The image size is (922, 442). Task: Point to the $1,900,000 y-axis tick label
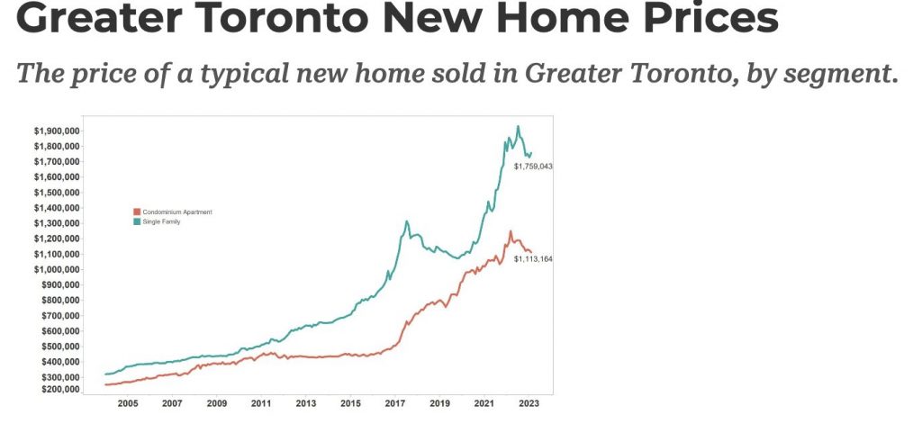pos(56,131)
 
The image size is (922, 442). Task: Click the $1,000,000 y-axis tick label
pos(56,269)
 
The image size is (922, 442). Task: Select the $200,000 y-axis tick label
pos(59,390)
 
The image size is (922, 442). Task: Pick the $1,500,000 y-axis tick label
pos(56,193)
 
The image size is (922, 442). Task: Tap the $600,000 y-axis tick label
pos(59,330)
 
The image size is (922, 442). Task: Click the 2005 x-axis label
pos(128,404)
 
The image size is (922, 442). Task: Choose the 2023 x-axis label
pos(529,404)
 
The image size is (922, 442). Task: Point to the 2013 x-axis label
pos(306,404)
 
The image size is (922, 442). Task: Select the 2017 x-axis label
pos(395,404)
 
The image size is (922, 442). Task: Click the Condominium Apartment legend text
pos(177,212)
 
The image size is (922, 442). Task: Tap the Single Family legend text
pos(162,221)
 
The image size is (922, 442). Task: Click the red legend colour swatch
pos(137,212)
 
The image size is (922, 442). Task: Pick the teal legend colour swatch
pos(137,221)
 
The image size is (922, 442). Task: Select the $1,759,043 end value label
pos(532,167)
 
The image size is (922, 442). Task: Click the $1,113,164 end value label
pos(533,259)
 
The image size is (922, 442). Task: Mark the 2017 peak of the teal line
pos(407,221)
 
